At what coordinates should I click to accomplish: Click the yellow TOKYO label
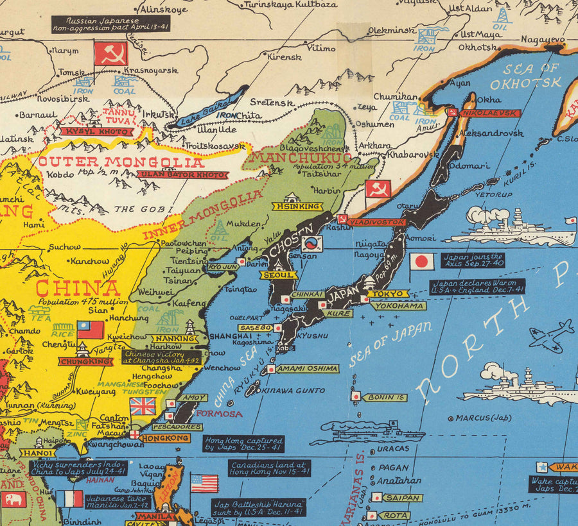pyautogui.click(x=387, y=294)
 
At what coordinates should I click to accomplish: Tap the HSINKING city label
pyautogui.click(x=297, y=207)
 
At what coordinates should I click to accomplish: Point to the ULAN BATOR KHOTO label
pyautogui.click(x=182, y=174)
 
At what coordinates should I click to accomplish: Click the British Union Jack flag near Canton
pyautogui.click(x=143, y=406)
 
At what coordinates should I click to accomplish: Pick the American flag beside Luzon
pyautogui.click(x=204, y=482)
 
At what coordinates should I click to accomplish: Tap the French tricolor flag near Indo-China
pyautogui.click(x=69, y=498)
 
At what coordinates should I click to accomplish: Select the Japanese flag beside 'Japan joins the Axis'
pyautogui.click(x=422, y=261)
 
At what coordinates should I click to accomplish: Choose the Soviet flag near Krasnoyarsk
pyautogui.click(x=111, y=54)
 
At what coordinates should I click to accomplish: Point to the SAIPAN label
pyautogui.click(x=403, y=498)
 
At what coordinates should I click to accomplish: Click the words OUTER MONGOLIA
pyautogui.click(x=121, y=162)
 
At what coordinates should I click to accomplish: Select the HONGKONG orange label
pyautogui.click(x=165, y=438)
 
